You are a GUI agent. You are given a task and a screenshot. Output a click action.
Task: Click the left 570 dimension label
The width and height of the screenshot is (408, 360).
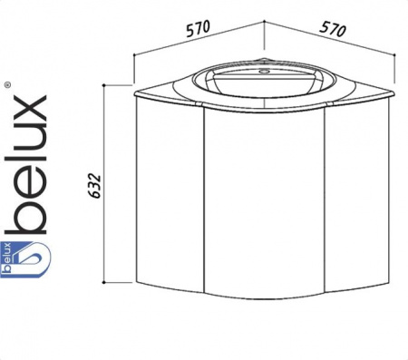pyautogui.click(x=198, y=28)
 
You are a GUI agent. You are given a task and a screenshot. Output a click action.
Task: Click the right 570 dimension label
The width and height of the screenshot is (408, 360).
pyautogui.click(x=333, y=29)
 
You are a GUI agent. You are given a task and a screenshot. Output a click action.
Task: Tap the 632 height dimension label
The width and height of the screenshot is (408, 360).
pyautogui.click(x=95, y=186)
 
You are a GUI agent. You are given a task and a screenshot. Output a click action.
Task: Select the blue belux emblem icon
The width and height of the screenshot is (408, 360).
pyautogui.click(x=24, y=259)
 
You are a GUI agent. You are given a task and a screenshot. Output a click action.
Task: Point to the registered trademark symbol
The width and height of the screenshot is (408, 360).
pyautogui.click(x=8, y=85)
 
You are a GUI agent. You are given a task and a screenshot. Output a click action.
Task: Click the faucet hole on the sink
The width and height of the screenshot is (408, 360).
pyautogui.click(x=264, y=72)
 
